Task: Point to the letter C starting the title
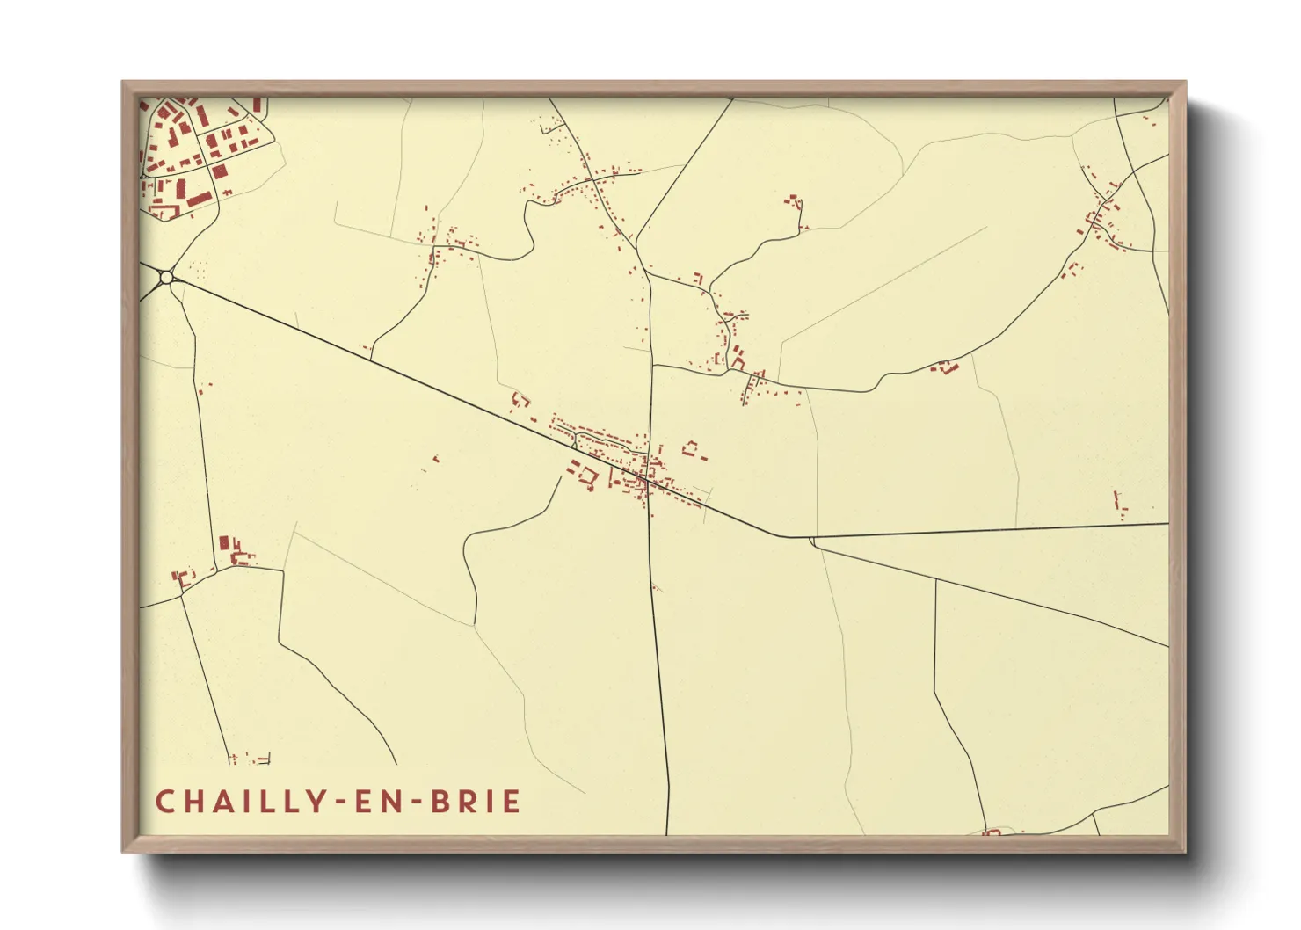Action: [164, 802]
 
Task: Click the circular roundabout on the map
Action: [166, 278]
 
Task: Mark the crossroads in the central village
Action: [648, 479]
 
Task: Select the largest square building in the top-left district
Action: [219, 171]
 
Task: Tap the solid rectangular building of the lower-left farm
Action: [224, 543]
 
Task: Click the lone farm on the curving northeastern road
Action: [946, 367]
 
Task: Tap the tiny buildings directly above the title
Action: [251, 758]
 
